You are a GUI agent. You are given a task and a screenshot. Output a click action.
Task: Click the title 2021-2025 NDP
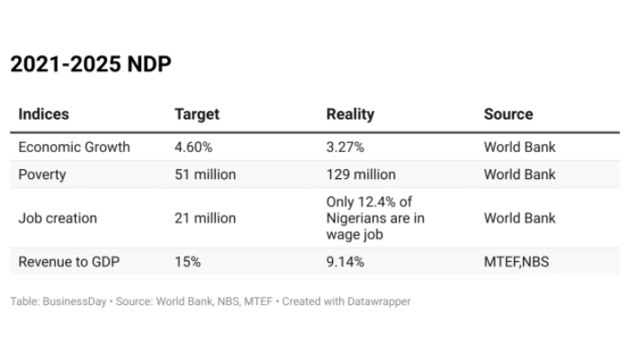pos(90,65)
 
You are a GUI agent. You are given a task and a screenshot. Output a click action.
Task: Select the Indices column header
pos(43,114)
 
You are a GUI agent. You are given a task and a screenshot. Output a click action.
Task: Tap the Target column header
pos(196,114)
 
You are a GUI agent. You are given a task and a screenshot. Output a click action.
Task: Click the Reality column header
pos(350,114)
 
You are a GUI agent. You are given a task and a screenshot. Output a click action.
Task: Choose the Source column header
pos(508,114)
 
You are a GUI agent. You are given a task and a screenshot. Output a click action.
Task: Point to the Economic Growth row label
pos(74,147)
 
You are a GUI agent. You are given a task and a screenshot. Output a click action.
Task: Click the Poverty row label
pos(42,175)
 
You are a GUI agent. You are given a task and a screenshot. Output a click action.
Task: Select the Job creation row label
pos(58,218)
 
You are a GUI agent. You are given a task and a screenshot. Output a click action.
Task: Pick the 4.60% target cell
pos(193,147)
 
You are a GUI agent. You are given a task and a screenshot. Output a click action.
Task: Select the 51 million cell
pos(205,175)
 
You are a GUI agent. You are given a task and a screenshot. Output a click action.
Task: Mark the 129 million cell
pos(360,175)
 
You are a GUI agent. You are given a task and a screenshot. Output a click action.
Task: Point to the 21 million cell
pos(205,218)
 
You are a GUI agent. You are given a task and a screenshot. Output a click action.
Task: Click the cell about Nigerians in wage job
pos(374,218)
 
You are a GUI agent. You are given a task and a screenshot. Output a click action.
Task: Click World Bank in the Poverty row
pos(519,175)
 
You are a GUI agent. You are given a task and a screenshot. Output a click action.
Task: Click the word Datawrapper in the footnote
pos(378,301)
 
